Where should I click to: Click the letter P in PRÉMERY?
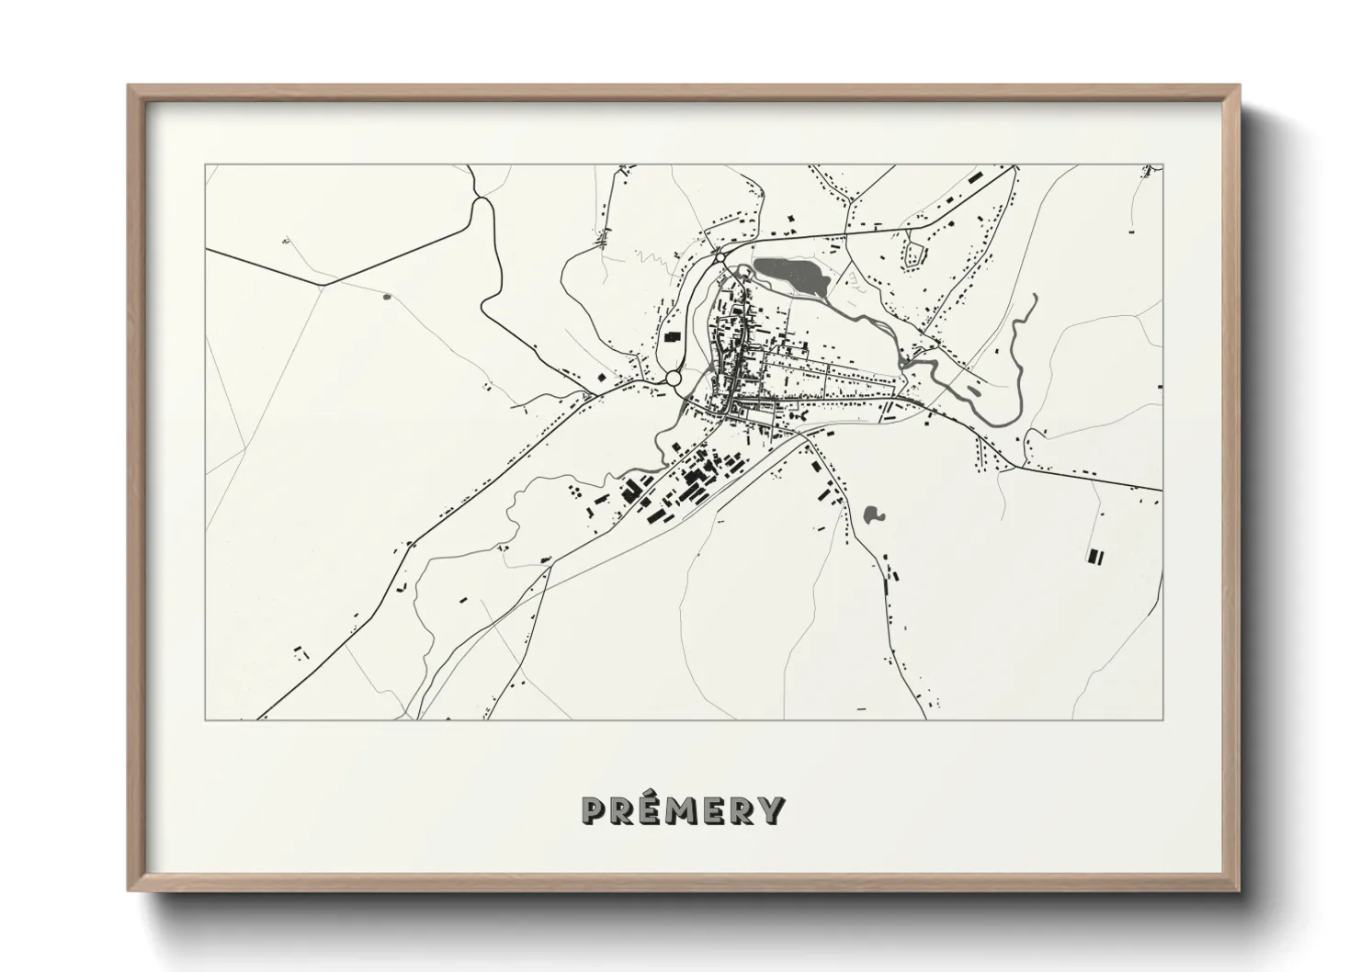coord(594,809)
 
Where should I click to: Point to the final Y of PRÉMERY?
coord(773,809)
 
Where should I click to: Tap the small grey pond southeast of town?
coord(872,514)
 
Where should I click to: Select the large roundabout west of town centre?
coord(674,379)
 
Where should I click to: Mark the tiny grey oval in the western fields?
coord(385,296)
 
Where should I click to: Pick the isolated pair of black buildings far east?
coord(1094,555)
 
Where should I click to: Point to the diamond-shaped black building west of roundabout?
coord(603,376)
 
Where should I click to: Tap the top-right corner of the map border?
coord(1162,165)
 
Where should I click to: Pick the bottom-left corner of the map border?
coord(205,719)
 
